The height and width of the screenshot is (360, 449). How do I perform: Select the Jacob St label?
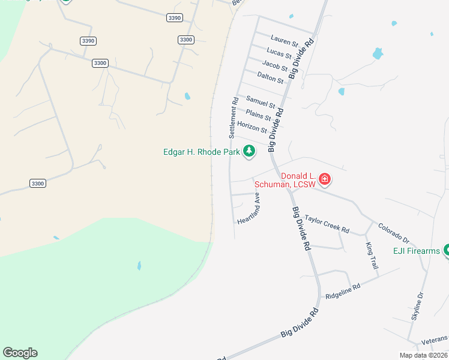(275, 65)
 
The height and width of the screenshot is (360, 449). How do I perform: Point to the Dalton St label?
(270, 77)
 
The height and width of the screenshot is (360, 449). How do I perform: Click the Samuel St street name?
(261, 102)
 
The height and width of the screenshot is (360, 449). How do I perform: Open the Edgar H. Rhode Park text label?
(202, 152)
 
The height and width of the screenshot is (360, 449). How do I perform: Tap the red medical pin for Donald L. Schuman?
(325, 178)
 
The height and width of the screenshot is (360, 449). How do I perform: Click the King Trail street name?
(371, 255)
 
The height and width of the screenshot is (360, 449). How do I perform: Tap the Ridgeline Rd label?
(343, 292)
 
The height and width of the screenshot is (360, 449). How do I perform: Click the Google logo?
(20, 353)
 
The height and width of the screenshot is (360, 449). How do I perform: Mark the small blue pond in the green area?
(139, 265)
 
